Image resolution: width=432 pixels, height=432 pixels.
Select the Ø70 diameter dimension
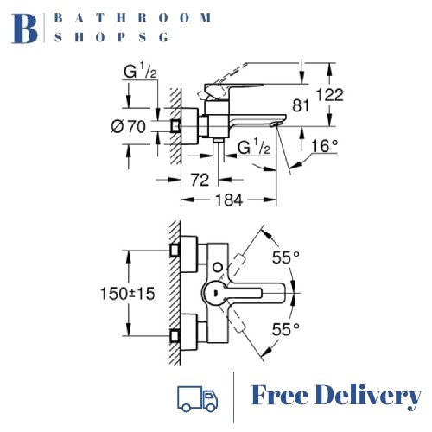[129, 127]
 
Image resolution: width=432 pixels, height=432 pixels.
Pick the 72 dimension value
[199, 180]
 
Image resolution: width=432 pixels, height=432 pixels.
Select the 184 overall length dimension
[226, 200]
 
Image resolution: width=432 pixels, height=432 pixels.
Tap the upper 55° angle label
[285, 257]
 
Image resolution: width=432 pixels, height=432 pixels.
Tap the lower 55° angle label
[285, 328]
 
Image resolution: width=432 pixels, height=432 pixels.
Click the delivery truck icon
[196, 397]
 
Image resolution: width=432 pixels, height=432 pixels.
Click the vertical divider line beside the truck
[234, 397]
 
